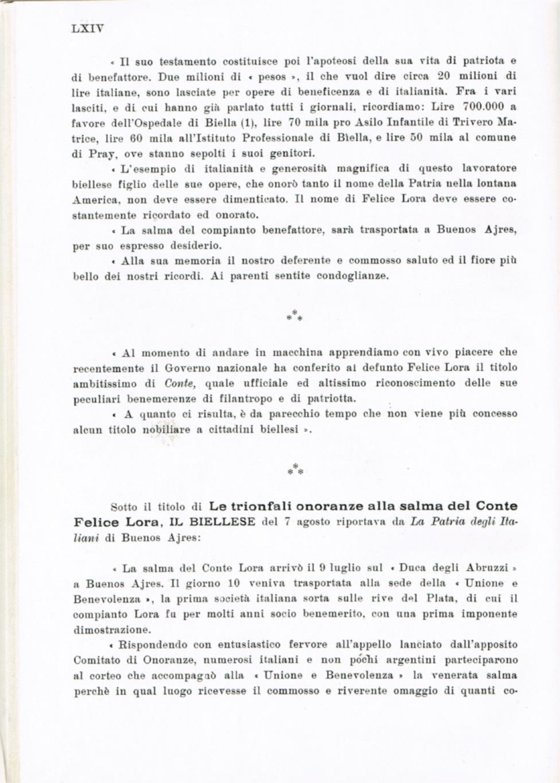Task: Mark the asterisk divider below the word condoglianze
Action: tap(294, 316)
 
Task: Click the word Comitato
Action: tap(98, 659)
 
